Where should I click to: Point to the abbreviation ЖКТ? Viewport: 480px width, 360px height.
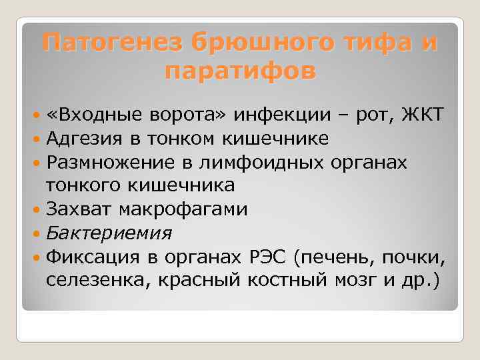point(421,114)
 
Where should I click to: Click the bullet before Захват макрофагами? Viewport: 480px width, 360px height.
point(37,210)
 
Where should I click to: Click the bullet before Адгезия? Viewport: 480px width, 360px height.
point(37,139)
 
